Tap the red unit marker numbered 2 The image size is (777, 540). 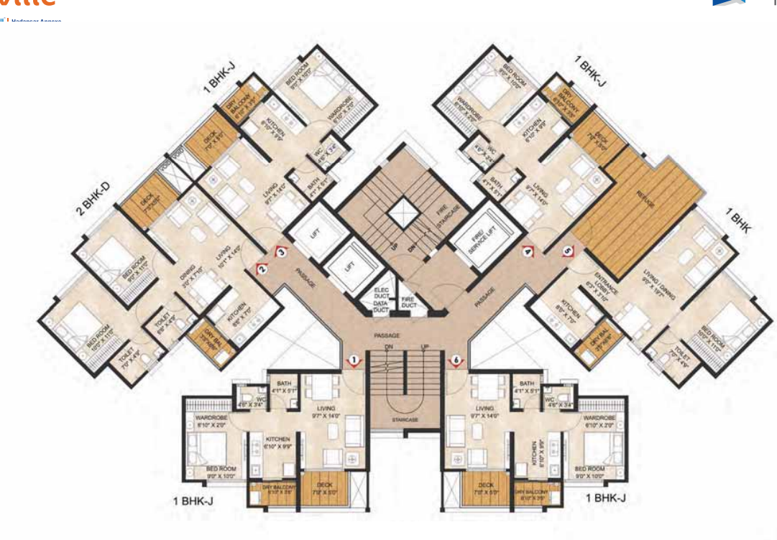263,269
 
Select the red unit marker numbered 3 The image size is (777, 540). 282,251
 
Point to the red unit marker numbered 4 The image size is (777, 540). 528,251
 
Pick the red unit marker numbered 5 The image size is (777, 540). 569,251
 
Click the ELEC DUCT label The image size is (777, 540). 381,293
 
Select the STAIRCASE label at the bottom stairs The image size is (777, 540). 405,419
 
